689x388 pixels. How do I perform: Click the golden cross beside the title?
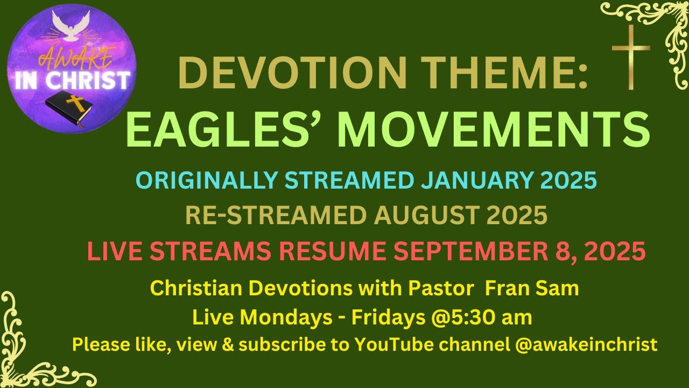[x=631, y=57]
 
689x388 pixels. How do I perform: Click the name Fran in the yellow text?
[x=505, y=289]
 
